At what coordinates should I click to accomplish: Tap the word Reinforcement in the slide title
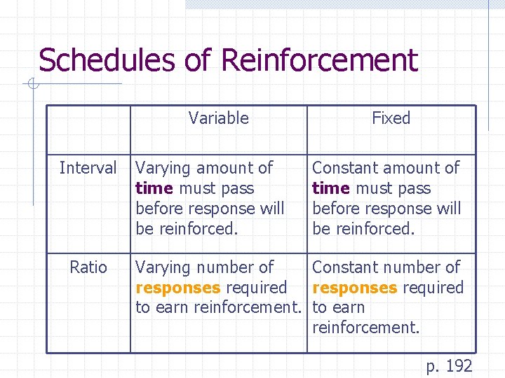[319, 60]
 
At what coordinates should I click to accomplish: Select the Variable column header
[218, 118]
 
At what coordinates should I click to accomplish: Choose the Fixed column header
[391, 118]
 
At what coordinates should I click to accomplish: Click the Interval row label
[88, 168]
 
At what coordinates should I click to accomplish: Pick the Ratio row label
[88, 267]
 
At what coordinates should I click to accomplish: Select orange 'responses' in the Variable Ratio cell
[178, 288]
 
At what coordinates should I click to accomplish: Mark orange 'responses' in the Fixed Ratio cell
[355, 288]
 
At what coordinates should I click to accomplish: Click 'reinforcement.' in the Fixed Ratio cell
[365, 328]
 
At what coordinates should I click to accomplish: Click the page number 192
[459, 365]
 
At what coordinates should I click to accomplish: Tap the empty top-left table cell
[88, 129]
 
